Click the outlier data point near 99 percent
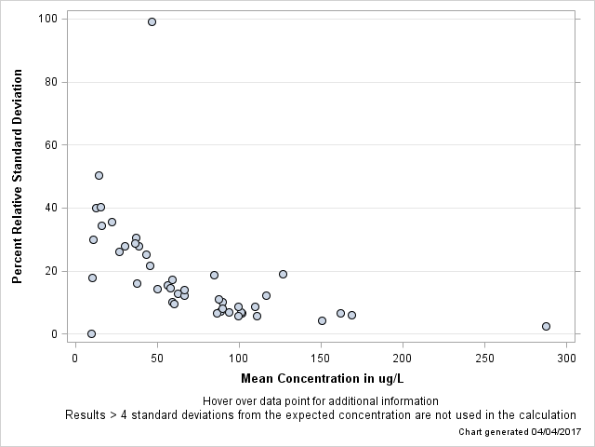click(152, 21)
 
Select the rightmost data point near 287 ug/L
click(546, 326)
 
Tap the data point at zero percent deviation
click(91, 333)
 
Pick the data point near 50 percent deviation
click(99, 175)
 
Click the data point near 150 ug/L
click(322, 320)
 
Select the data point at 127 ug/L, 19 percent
click(283, 274)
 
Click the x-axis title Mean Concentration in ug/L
click(321, 379)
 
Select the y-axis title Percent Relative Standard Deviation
click(17, 175)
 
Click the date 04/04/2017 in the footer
click(549, 432)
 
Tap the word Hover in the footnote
click(217, 400)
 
